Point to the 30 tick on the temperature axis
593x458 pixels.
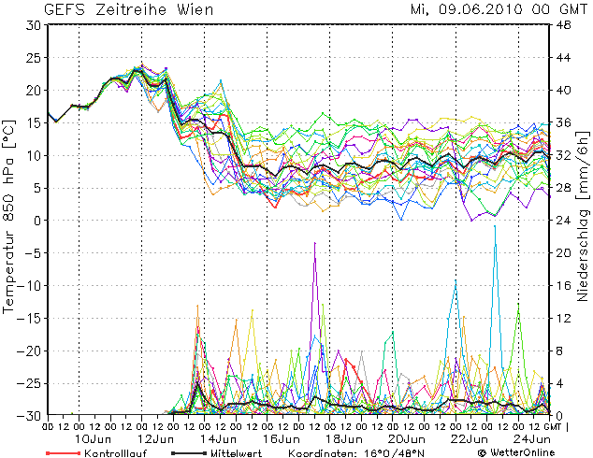(x=34, y=25)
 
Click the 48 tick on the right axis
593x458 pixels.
(x=563, y=25)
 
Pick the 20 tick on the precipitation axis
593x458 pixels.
(x=563, y=253)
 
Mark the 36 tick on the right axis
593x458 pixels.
(x=563, y=122)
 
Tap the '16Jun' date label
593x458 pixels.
(x=282, y=437)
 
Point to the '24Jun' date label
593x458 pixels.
(x=533, y=437)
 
